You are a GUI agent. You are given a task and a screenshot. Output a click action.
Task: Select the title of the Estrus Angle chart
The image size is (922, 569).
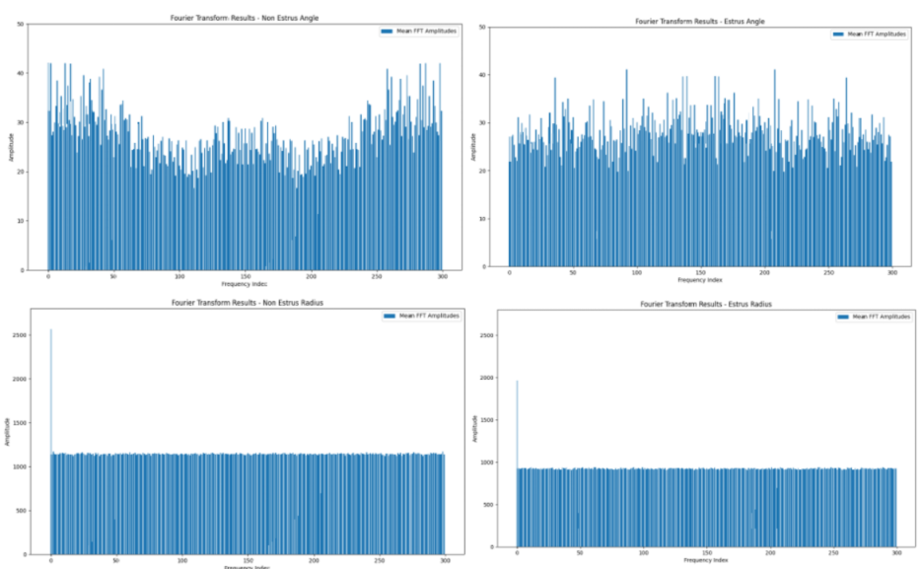point(699,21)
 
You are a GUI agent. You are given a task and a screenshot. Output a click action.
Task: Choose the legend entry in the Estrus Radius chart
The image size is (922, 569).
point(872,317)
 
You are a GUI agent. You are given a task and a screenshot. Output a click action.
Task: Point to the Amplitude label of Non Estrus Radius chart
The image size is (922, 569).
point(7,431)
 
